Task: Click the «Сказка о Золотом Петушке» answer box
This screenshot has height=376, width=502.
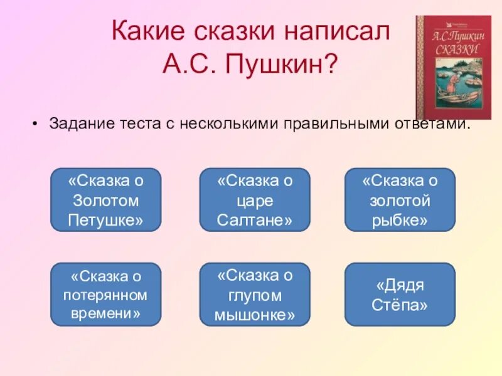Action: (x=105, y=200)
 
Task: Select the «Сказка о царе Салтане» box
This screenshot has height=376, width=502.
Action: (x=255, y=200)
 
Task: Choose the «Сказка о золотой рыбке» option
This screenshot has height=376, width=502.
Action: (x=400, y=200)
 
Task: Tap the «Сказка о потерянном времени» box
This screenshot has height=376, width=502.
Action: (x=105, y=295)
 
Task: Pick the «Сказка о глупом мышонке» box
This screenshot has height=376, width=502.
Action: (x=255, y=295)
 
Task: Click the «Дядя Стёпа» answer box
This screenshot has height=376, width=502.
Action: (x=400, y=295)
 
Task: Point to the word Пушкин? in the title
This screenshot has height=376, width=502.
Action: (x=294, y=63)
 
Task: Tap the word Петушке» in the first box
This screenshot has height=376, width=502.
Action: (x=105, y=220)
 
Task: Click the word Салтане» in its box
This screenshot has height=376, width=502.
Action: (x=255, y=220)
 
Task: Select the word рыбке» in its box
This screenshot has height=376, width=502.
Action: (x=400, y=220)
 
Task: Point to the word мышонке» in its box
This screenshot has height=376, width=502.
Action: (x=255, y=315)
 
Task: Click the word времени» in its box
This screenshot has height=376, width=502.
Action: (x=105, y=313)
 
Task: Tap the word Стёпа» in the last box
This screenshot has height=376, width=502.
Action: (x=400, y=305)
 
